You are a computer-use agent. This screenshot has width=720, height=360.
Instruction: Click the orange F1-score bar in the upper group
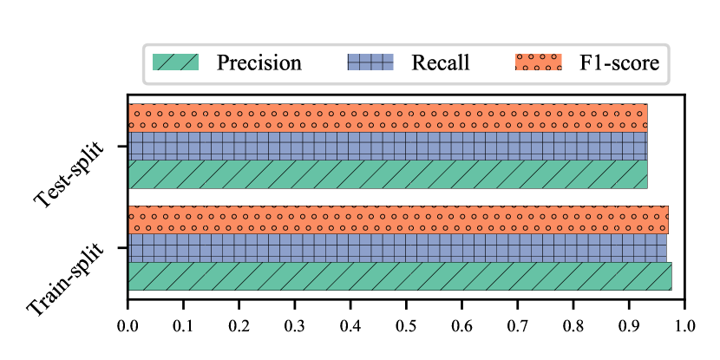388,117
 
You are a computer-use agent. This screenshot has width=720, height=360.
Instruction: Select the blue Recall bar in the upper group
388,146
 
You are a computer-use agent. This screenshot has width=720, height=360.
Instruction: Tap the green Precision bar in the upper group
388,173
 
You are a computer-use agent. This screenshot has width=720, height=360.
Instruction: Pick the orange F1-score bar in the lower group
398,219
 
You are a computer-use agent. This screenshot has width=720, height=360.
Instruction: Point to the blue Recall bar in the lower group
397,247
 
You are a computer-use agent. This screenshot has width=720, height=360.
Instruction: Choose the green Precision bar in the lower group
400,276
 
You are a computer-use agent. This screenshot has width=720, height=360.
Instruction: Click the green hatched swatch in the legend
176,62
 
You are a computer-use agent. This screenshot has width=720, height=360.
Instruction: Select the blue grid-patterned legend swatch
370,62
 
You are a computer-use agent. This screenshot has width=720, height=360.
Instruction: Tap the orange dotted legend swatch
539,62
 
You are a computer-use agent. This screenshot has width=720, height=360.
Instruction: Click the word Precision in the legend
259,63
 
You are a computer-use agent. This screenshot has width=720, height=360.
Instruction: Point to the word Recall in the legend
440,63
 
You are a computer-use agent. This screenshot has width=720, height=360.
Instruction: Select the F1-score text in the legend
619,63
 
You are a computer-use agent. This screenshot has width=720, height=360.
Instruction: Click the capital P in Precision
222,63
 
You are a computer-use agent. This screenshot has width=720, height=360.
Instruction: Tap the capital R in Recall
418,63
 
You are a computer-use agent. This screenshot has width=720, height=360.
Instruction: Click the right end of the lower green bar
671,276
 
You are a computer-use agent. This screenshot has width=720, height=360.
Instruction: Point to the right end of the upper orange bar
646,117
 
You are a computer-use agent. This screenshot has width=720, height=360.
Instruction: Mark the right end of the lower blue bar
665,247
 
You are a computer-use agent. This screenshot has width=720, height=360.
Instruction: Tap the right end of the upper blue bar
646,146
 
